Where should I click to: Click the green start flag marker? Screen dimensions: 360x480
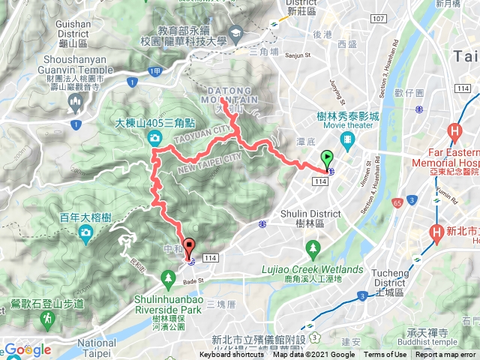327,158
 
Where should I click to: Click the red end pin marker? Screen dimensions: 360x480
189,246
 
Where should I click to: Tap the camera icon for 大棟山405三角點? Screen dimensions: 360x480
154,137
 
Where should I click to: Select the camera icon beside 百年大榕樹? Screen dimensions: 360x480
86,233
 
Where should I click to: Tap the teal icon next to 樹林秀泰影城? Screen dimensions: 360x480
347,139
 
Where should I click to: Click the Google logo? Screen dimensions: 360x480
27,349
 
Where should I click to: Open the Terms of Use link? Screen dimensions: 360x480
385,355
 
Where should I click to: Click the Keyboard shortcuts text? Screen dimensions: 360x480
232,355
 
